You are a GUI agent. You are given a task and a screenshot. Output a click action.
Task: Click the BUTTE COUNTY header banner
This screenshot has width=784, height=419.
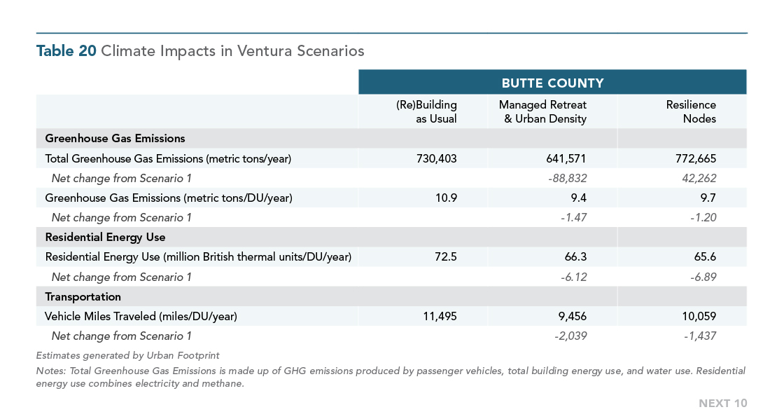coord(552,83)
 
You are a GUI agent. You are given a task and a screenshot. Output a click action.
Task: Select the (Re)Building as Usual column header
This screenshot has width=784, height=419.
coord(426,111)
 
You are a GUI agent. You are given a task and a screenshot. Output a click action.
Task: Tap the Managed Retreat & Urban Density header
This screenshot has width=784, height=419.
coord(543,111)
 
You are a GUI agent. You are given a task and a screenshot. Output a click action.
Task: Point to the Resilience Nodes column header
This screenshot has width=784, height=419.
coord(691,111)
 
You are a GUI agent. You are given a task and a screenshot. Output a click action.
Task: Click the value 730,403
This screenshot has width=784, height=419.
coord(437,158)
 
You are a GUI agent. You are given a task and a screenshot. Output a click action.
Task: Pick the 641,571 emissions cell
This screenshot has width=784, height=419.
coord(566,158)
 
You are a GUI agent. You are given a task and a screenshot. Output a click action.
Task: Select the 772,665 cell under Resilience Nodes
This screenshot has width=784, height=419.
coord(696,158)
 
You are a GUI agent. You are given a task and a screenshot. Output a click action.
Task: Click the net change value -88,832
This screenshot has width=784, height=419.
coord(567,178)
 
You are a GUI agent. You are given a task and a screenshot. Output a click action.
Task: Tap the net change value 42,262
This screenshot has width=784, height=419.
coord(699,178)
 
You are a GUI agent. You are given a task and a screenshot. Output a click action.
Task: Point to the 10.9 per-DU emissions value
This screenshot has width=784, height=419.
coord(446,198)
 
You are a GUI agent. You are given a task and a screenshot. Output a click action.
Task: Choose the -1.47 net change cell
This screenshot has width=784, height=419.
coord(573,218)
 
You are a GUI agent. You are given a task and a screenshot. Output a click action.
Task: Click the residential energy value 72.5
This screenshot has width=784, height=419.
coord(446,257)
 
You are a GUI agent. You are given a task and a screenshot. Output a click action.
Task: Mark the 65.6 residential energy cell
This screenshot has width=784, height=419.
coord(705,257)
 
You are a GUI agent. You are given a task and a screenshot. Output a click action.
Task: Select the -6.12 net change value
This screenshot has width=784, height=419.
coord(573,277)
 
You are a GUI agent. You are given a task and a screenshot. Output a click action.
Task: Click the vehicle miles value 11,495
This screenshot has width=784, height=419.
coord(440,317)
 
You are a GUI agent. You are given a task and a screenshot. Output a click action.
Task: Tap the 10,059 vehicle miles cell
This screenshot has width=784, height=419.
coord(699,317)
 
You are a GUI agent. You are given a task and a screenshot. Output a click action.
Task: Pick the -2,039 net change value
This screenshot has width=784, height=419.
coord(570,336)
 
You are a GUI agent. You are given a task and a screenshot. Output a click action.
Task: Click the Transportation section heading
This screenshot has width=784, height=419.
coord(83,297)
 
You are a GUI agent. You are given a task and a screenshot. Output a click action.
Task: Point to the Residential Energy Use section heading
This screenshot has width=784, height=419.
coord(105,238)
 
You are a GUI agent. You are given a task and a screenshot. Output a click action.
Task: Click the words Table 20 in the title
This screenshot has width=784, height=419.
coord(66,50)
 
